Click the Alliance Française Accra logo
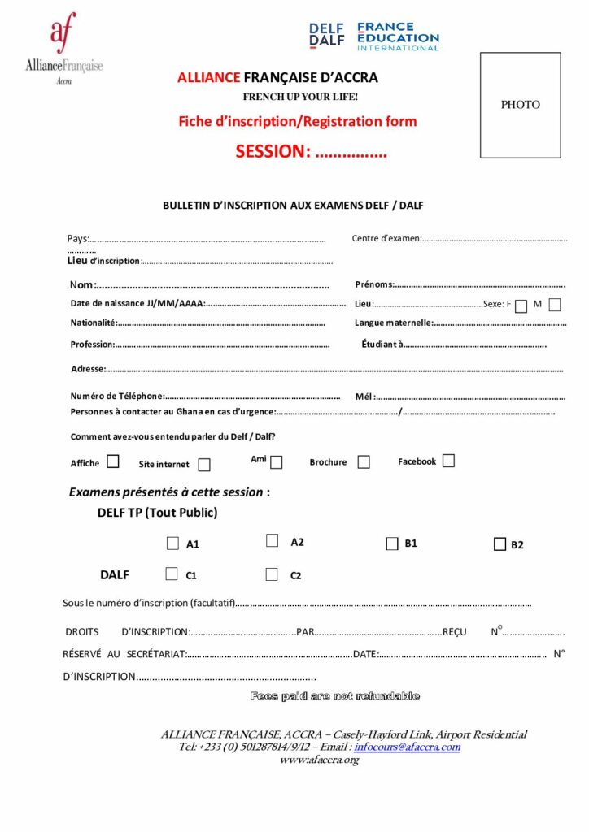[63, 49]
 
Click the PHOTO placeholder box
[520, 105]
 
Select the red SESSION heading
[311, 151]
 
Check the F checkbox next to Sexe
[521, 305]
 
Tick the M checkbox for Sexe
[555, 305]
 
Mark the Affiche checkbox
[112, 461]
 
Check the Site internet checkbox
[204, 465]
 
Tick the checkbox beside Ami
[277, 462]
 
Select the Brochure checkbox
[363, 462]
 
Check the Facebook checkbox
[448, 461]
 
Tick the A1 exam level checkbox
[172, 544]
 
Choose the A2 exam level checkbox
[273, 541]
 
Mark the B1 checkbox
[390, 543]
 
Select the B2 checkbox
[500, 544]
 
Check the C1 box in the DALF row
[171, 574]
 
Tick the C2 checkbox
[272, 574]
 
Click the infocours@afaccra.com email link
[407, 747]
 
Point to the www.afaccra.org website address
[319, 760]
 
